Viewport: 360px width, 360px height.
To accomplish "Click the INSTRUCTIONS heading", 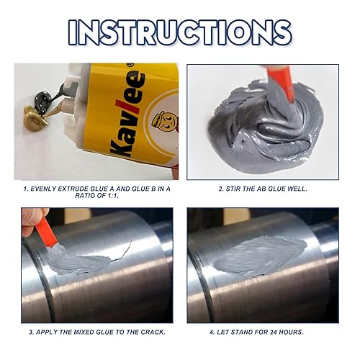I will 180,32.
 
